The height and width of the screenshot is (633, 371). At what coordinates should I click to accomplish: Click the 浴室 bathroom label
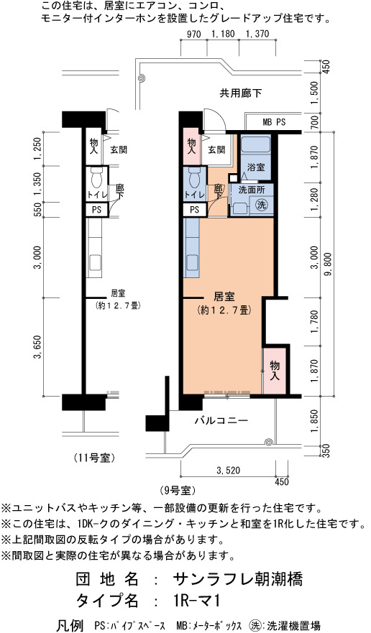(255, 167)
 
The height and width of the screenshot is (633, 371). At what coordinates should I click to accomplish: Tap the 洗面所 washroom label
(250, 190)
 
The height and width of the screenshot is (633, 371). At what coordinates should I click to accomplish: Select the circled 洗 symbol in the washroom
(262, 204)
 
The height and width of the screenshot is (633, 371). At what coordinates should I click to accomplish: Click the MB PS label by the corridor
(274, 122)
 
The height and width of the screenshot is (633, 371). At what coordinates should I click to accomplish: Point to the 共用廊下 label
(241, 93)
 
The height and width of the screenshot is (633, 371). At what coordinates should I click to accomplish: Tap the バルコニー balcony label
(221, 421)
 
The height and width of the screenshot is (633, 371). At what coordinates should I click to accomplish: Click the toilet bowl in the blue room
(194, 177)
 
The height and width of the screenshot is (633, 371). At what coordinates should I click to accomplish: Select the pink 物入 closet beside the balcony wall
(275, 371)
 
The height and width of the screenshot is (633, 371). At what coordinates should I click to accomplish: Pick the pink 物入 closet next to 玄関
(191, 147)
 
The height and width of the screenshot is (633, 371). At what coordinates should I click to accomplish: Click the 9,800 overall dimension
(328, 264)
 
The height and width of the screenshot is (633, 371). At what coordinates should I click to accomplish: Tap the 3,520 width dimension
(229, 471)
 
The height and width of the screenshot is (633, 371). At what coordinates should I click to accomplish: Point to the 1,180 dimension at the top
(223, 34)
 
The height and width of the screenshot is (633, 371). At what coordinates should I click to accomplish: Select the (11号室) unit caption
(94, 458)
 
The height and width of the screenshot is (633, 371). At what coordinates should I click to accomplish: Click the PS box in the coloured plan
(194, 210)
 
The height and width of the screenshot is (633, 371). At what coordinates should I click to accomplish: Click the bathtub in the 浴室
(255, 144)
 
